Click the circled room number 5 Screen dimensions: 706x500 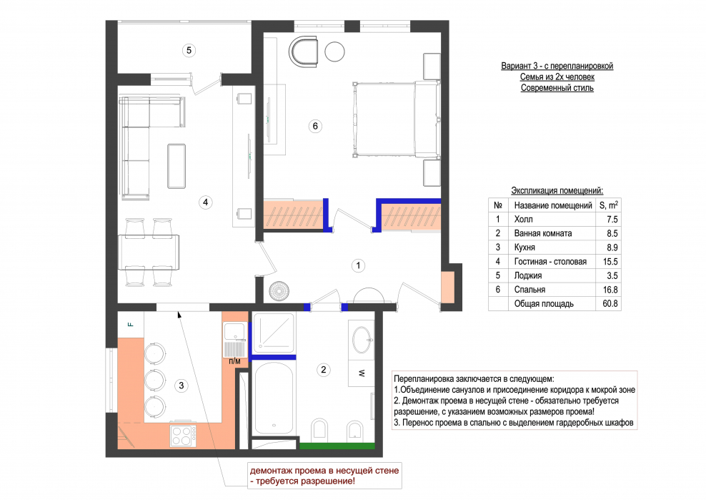tap(189, 50)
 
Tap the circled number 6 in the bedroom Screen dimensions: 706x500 tap(315, 126)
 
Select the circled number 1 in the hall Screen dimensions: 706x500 tap(359, 265)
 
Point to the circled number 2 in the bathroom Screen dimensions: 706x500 tap(323, 370)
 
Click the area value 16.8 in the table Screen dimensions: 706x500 tap(610, 290)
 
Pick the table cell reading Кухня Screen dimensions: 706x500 tap(524, 247)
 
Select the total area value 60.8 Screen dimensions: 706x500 tap(610, 303)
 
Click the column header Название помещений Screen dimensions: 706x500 tap(553, 205)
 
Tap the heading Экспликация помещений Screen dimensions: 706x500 tap(557, 190)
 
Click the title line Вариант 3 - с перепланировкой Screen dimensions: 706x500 tap(557, 66)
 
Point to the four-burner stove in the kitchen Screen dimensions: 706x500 tap(183, 436)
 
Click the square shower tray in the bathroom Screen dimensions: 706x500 tap(273, 333)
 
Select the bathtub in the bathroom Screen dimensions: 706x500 tap(274, 398)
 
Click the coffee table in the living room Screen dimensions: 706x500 tap(176, 166)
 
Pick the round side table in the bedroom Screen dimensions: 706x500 tap(334, 52)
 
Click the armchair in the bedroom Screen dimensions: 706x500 tap(304, 52)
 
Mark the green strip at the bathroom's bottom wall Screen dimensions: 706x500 tap(337, 446)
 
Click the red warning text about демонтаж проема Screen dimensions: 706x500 tap(324, 476)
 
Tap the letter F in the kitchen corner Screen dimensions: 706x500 tap(131, 324)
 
